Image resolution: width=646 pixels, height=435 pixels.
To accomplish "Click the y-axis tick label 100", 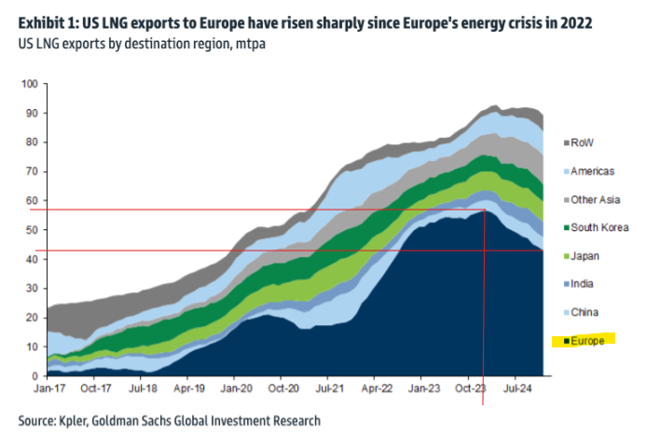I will (28, 85).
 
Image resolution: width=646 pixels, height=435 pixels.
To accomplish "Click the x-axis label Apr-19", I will (189, 387).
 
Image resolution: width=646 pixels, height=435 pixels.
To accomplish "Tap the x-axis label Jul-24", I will (517, 387).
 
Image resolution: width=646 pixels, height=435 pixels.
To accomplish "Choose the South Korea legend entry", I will (597, 227).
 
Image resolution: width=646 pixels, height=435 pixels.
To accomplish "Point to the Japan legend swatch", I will (567, 256).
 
